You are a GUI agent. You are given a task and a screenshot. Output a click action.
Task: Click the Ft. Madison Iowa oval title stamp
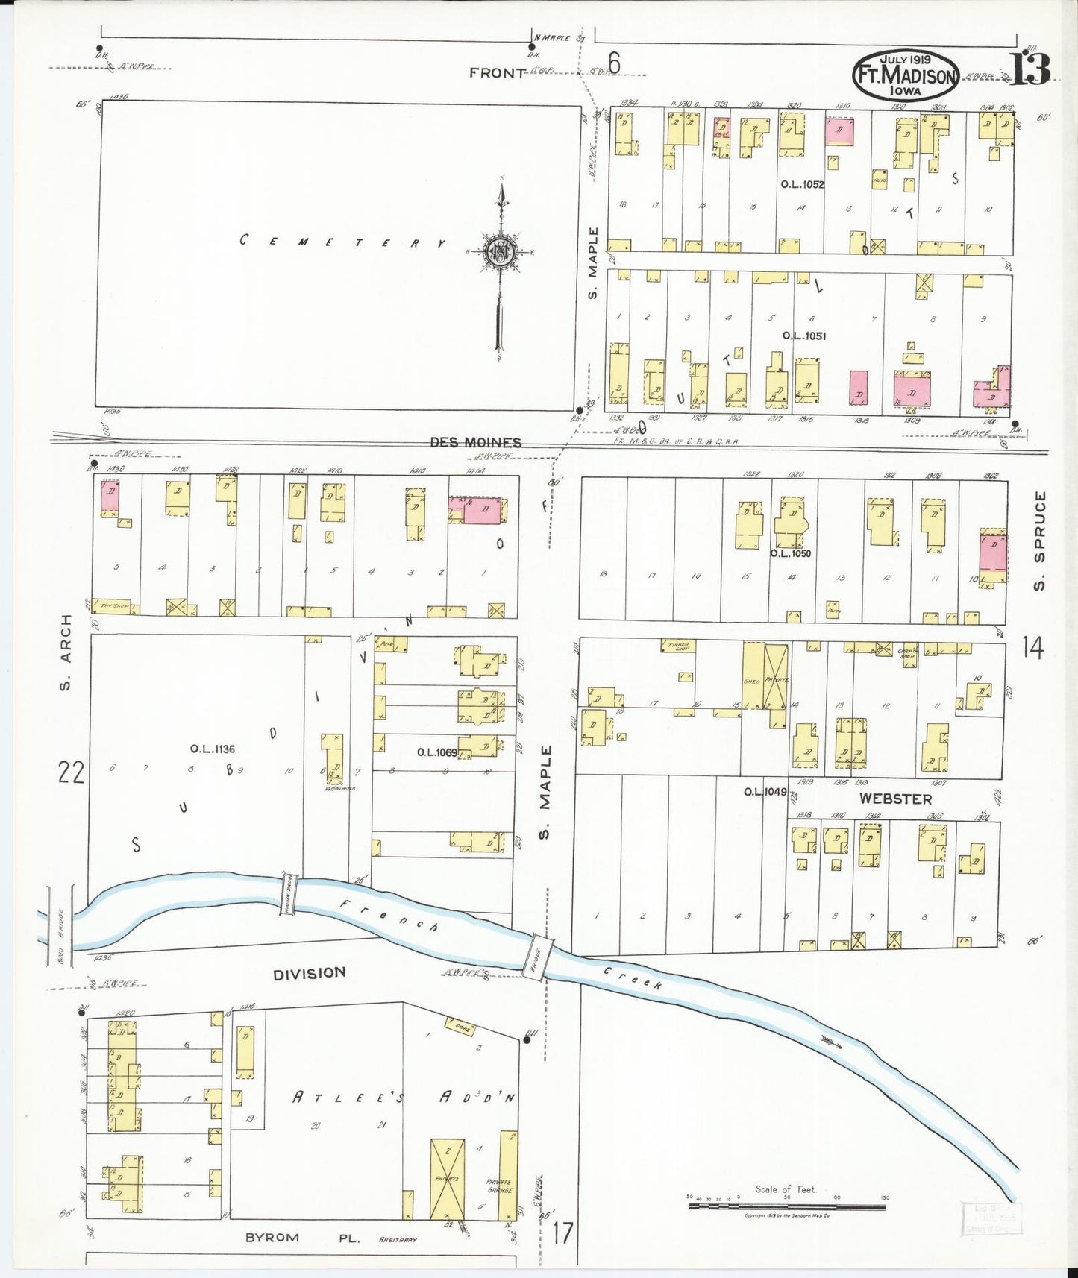point(906,75)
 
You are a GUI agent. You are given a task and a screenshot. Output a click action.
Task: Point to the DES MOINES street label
point(475,442)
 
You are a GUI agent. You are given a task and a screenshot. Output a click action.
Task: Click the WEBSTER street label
point(895,799)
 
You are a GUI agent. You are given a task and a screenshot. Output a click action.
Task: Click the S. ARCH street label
point(67,652)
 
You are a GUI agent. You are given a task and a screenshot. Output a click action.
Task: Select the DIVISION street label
point(309,973)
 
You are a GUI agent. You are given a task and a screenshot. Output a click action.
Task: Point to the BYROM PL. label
point(302,1237)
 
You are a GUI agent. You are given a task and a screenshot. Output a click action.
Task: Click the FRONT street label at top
point(498,72)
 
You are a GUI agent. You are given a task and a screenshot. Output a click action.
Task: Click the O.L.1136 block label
point(213,749)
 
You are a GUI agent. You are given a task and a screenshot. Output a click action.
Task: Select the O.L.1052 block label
point(802,184)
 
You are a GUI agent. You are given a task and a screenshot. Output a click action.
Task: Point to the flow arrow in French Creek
point(830,1040)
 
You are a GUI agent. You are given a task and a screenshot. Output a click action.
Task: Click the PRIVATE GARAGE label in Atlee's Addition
point(498,1186)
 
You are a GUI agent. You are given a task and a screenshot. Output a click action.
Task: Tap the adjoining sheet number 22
point(72,773)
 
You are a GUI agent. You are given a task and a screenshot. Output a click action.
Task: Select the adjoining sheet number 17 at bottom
point(563,1233)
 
